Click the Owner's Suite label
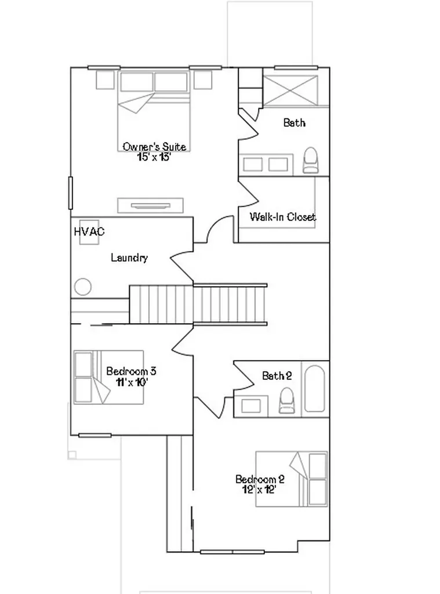[x=154, y=147]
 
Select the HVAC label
[x=89, y=231]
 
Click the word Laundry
[x=129, y=258]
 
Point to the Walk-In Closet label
[x=282, y=217]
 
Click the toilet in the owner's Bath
[x=311, y=160]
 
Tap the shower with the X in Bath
[x=290, y=90]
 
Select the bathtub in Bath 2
[x=314, y=389]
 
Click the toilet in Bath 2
[x=286, y=400]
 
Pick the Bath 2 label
[x=277, y=376]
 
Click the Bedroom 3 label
[x=131, y=371]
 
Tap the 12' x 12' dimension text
[x=259, y=490]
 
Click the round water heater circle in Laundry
[x=82, y=287]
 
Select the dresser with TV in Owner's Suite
[x=150, y=205]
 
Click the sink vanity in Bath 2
[x=250, y=406]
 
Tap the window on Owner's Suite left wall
[x=70, y=193]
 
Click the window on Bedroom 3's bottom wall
[x=94, y=435]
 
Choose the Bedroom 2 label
[x=260, y=479]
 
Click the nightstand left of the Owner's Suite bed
[x=105, y=79]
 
